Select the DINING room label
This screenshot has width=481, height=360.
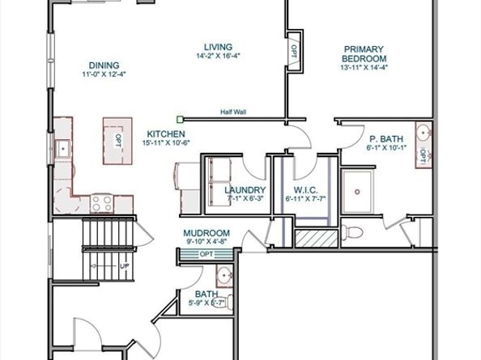tap(105, 66)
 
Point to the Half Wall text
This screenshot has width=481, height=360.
tap(233, 112)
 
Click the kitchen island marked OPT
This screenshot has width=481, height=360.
tap(117, 138)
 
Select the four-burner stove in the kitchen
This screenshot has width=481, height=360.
tap(102, 201)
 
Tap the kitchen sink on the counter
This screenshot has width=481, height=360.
tap(62, 148)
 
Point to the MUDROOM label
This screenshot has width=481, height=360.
tap(206, 233)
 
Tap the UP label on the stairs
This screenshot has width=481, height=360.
tap(124, 265)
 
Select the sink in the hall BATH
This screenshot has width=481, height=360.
tap(226, 277)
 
